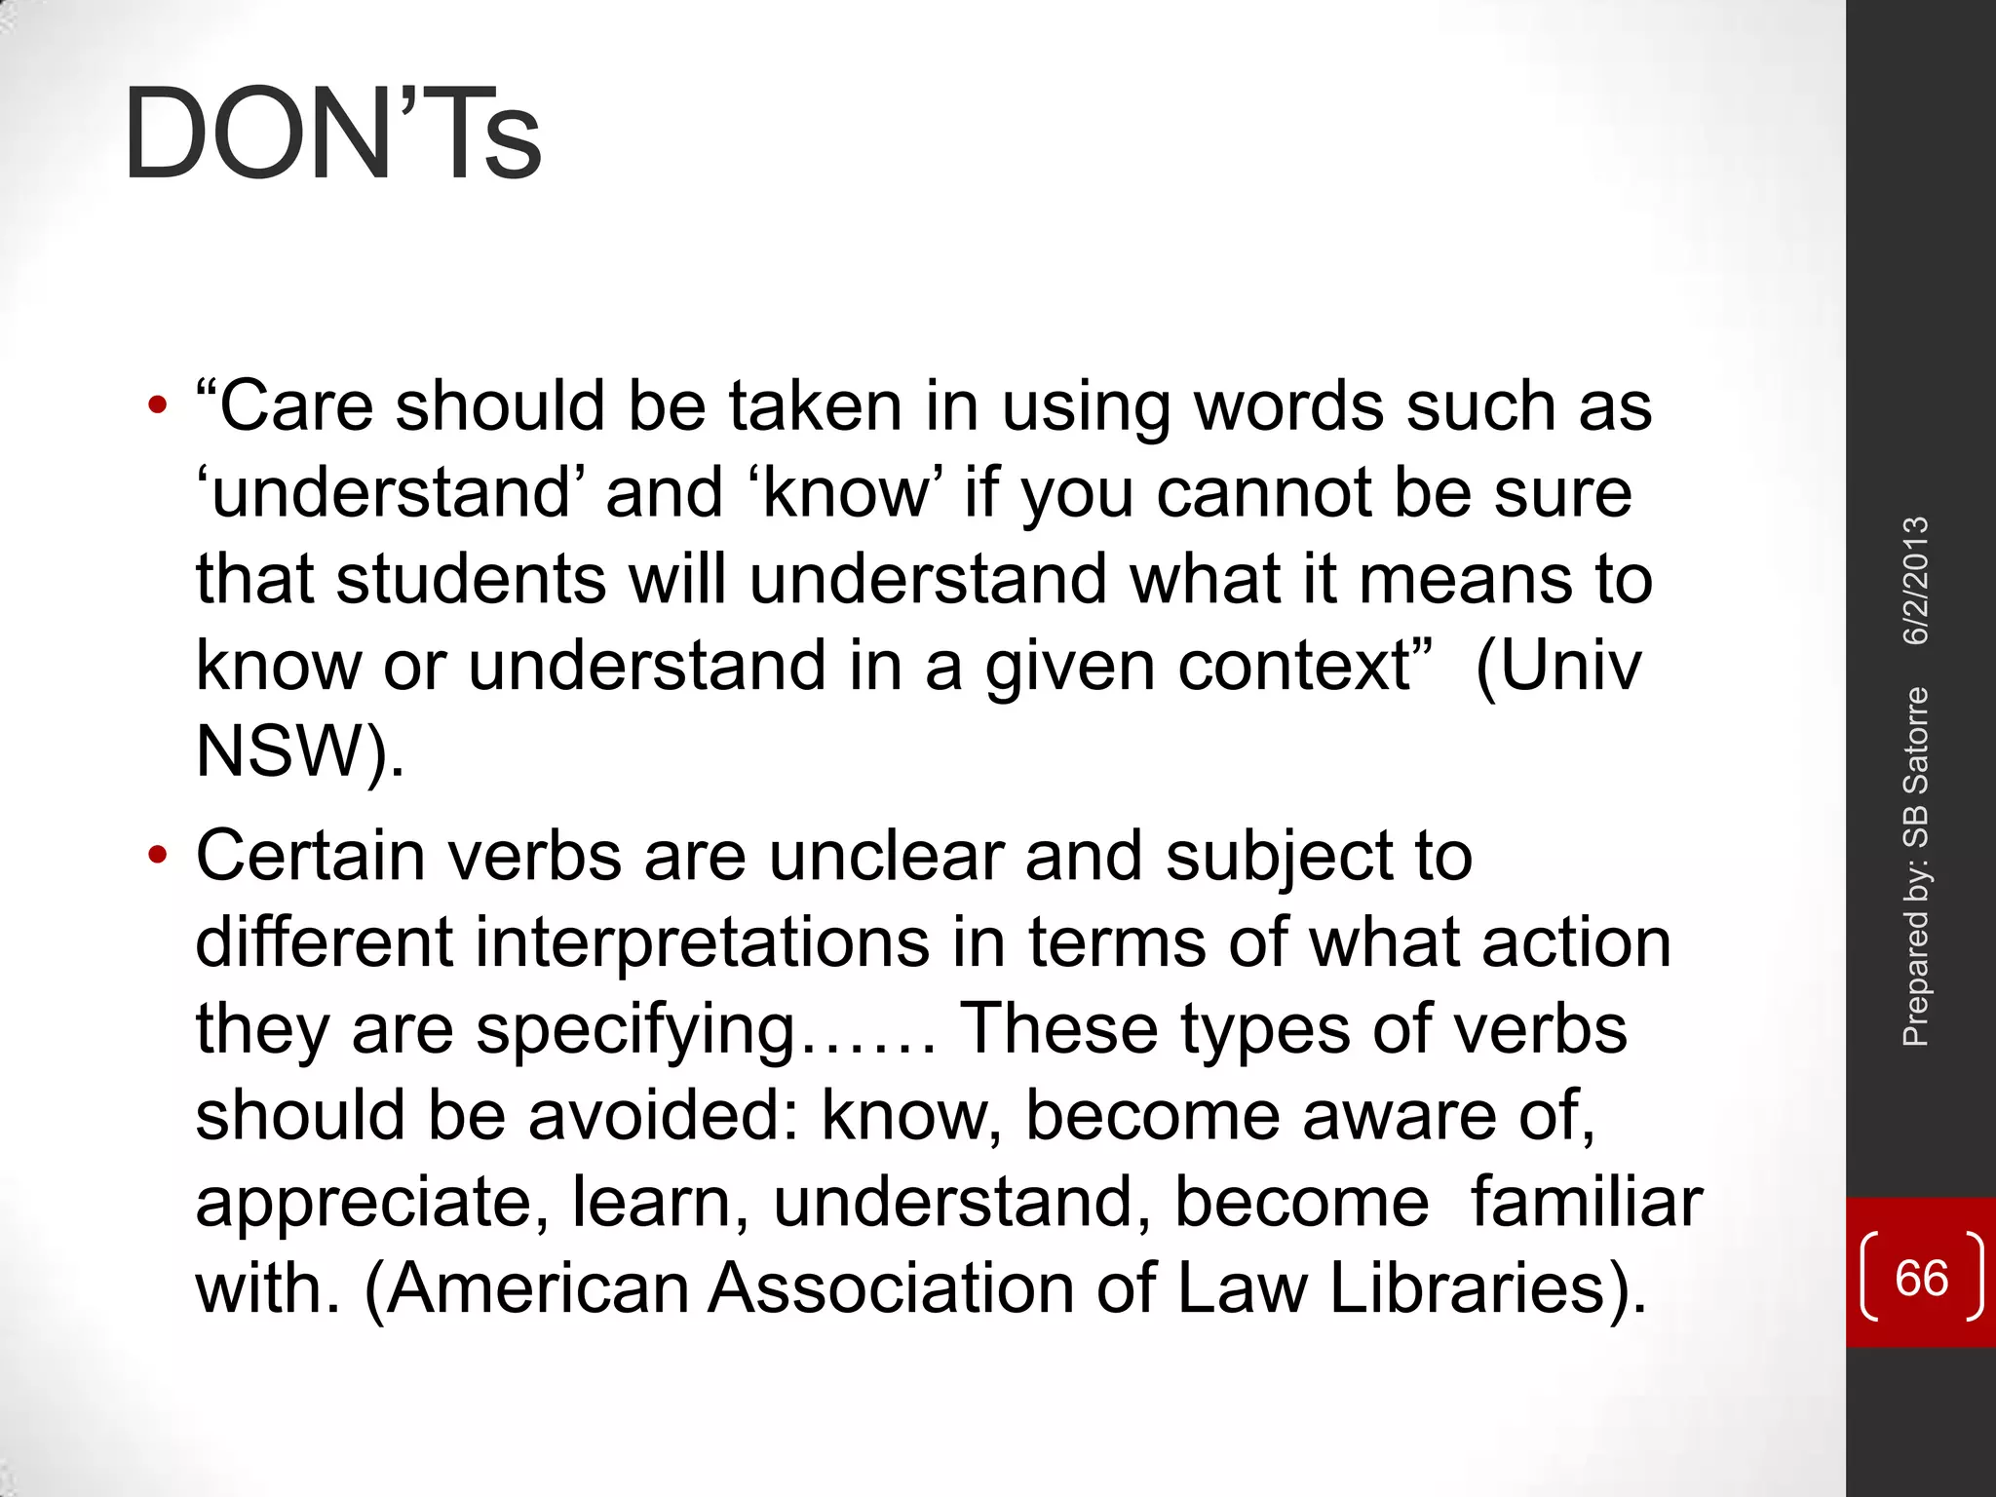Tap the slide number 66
[x=1921, y=1278]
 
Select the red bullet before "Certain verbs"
[x=157, y=856]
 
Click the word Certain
[x=311, y=856]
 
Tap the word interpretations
[x=703, y=942]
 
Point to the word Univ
[x=1558, y=666]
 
